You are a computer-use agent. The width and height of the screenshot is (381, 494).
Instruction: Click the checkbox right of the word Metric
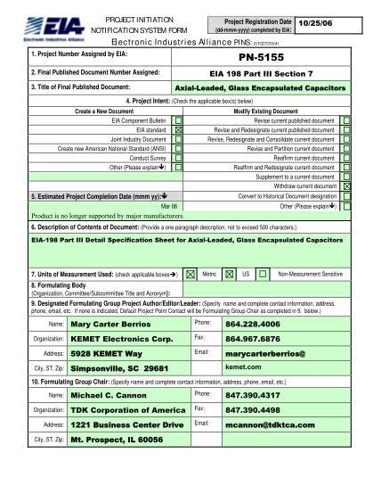pos(229,275)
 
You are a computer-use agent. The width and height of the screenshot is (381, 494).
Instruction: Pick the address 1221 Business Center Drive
pos(126,450)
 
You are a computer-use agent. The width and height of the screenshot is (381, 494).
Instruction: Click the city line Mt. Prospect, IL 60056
pos(118,465)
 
